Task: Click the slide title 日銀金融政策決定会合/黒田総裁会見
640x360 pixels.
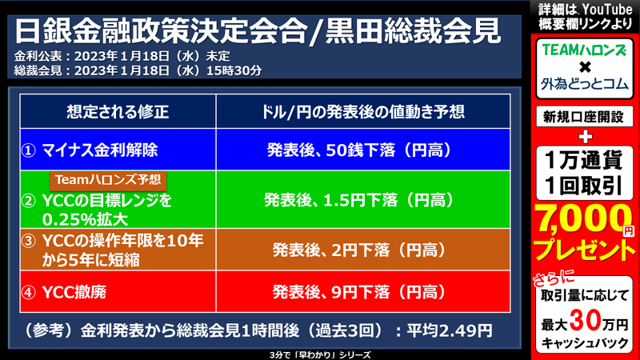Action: pyautogui.click(x=258, y=30)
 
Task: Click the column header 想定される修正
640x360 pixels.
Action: pyautogui.click(x=118, y=110)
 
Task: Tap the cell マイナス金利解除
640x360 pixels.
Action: pyautogui.click(x=112, y=149)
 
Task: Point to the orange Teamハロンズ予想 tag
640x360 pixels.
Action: pyautogui.click(x=109, y=179)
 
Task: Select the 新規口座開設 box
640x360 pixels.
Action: pyautogui.click(x=582, y=117)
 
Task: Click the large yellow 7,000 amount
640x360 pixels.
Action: pyautogui.click(x=578, y=217)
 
